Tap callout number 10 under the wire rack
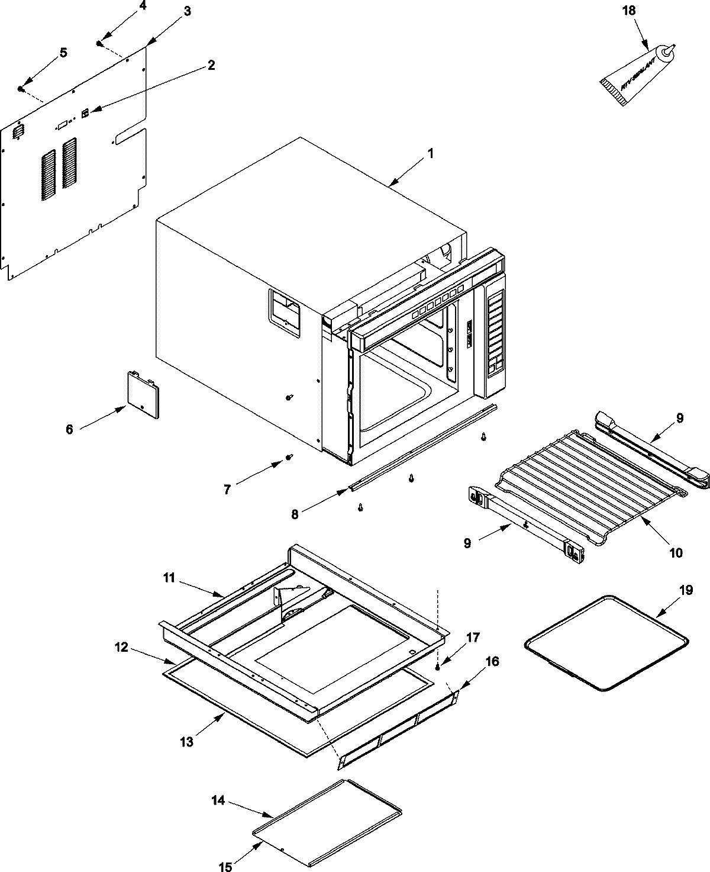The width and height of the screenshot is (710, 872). (x=676, y=553)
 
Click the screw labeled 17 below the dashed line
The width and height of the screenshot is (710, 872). (x=438, y=667)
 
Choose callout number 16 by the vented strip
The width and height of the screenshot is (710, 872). (x=492, y=661)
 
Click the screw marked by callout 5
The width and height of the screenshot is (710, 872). (x=21, y=89)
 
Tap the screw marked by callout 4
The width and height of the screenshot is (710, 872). (x=100, y=43)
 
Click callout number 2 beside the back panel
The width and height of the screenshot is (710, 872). (x=210, y=65)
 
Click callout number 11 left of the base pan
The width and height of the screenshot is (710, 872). (x=169, y=578)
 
